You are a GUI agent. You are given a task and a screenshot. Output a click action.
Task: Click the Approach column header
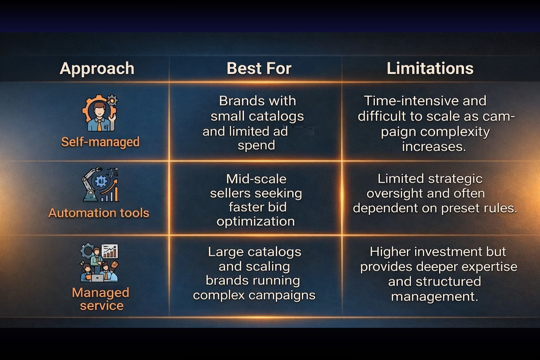coord(97,68)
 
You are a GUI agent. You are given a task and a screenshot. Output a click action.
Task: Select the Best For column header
coord(259,68)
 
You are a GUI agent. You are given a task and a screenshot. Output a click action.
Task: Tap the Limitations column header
coord(430,68)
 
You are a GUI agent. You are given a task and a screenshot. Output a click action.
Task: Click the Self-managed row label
coord(100,142)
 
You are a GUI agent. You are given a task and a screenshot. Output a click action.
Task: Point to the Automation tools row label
coord(99,213)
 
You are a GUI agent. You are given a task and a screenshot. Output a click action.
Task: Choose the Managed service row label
coord(101,299)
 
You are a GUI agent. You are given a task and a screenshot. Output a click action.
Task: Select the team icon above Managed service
coord(99,263)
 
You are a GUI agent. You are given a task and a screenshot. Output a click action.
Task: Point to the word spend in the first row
coord(256,145)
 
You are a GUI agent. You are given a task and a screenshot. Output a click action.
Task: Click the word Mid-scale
coord(256,179)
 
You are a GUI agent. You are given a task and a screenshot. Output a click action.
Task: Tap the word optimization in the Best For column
coord(256,221)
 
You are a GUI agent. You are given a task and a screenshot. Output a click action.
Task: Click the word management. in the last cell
coord(435,296)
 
